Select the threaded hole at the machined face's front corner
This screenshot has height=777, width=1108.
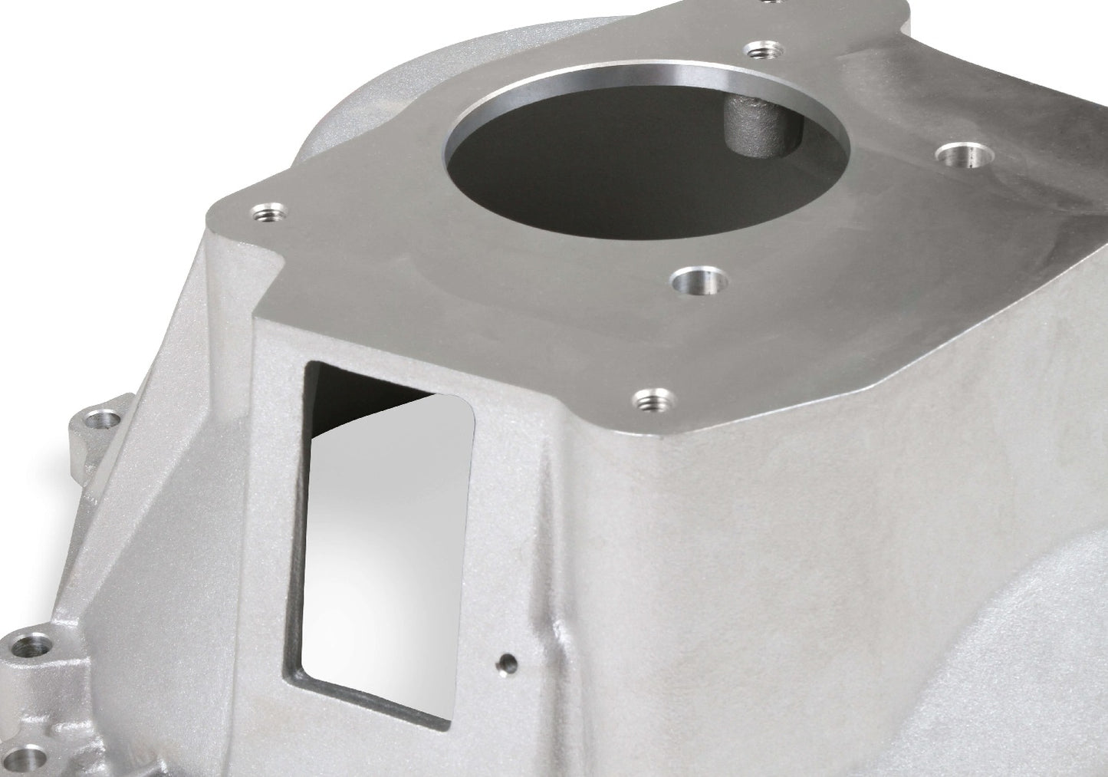point(649,399)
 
